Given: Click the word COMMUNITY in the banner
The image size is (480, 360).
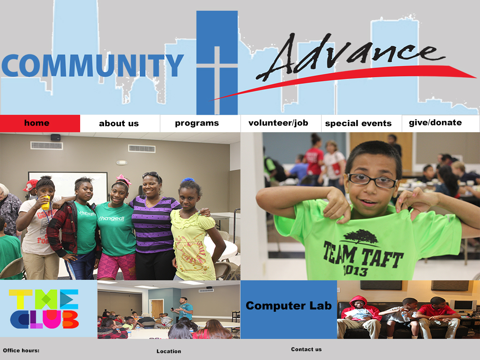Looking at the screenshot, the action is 92,66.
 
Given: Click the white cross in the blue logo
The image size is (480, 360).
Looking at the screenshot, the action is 217,80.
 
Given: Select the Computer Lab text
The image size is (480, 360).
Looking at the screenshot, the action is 289,306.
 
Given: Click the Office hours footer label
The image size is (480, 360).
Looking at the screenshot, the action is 21,351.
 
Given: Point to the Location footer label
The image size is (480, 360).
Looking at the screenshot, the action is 169,351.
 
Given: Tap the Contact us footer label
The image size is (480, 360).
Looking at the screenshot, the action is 307,349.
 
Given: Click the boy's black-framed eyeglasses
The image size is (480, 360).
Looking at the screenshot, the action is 372,180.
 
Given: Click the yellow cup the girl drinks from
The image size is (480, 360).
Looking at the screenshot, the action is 45,202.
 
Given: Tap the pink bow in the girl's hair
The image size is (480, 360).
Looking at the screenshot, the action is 124,180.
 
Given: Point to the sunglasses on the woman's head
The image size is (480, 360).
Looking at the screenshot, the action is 151,174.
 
